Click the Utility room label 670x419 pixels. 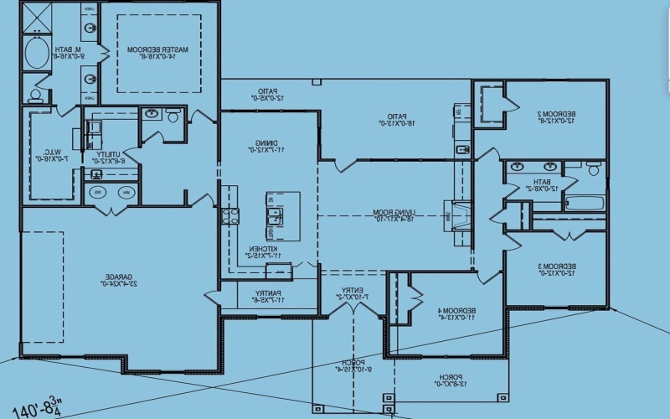(x=108, y=155)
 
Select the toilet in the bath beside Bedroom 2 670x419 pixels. (x=594, y=169)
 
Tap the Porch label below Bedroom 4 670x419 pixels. (x=449, y=379)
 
